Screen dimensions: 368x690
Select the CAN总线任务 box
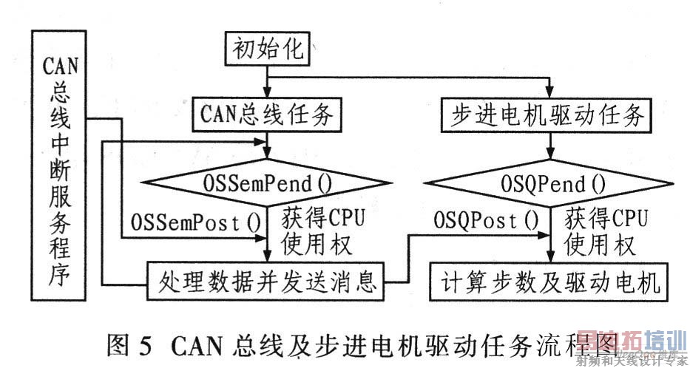(x=267, y=115)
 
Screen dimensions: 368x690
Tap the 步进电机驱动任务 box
(x=548, y=116)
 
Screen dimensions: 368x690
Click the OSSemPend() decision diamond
(x=267, y=181)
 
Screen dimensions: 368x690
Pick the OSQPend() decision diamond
(x=548, y=182)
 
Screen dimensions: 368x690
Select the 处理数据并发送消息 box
(x=267, y=281)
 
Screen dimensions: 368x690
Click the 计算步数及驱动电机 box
(x=548, y=281)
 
